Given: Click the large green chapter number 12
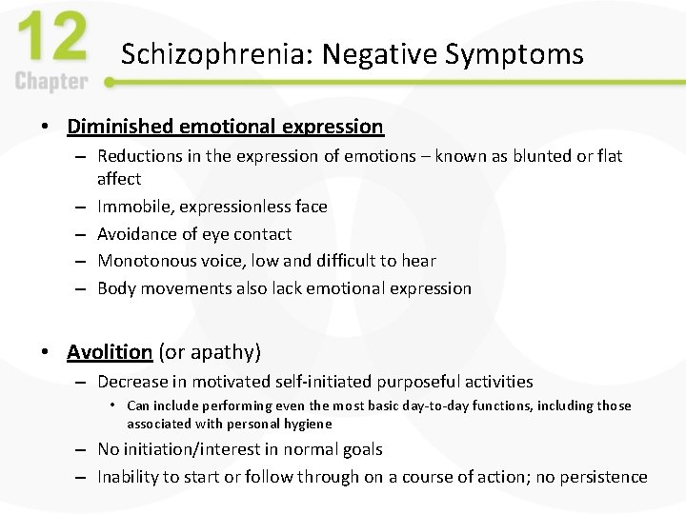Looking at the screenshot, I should tap(52, 39).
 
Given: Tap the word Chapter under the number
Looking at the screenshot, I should tap(52, 81).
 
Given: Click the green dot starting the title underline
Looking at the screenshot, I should tap(110, 83).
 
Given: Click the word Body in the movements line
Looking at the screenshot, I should tap(116, 288).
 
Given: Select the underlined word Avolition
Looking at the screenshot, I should tap(110, 352).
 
